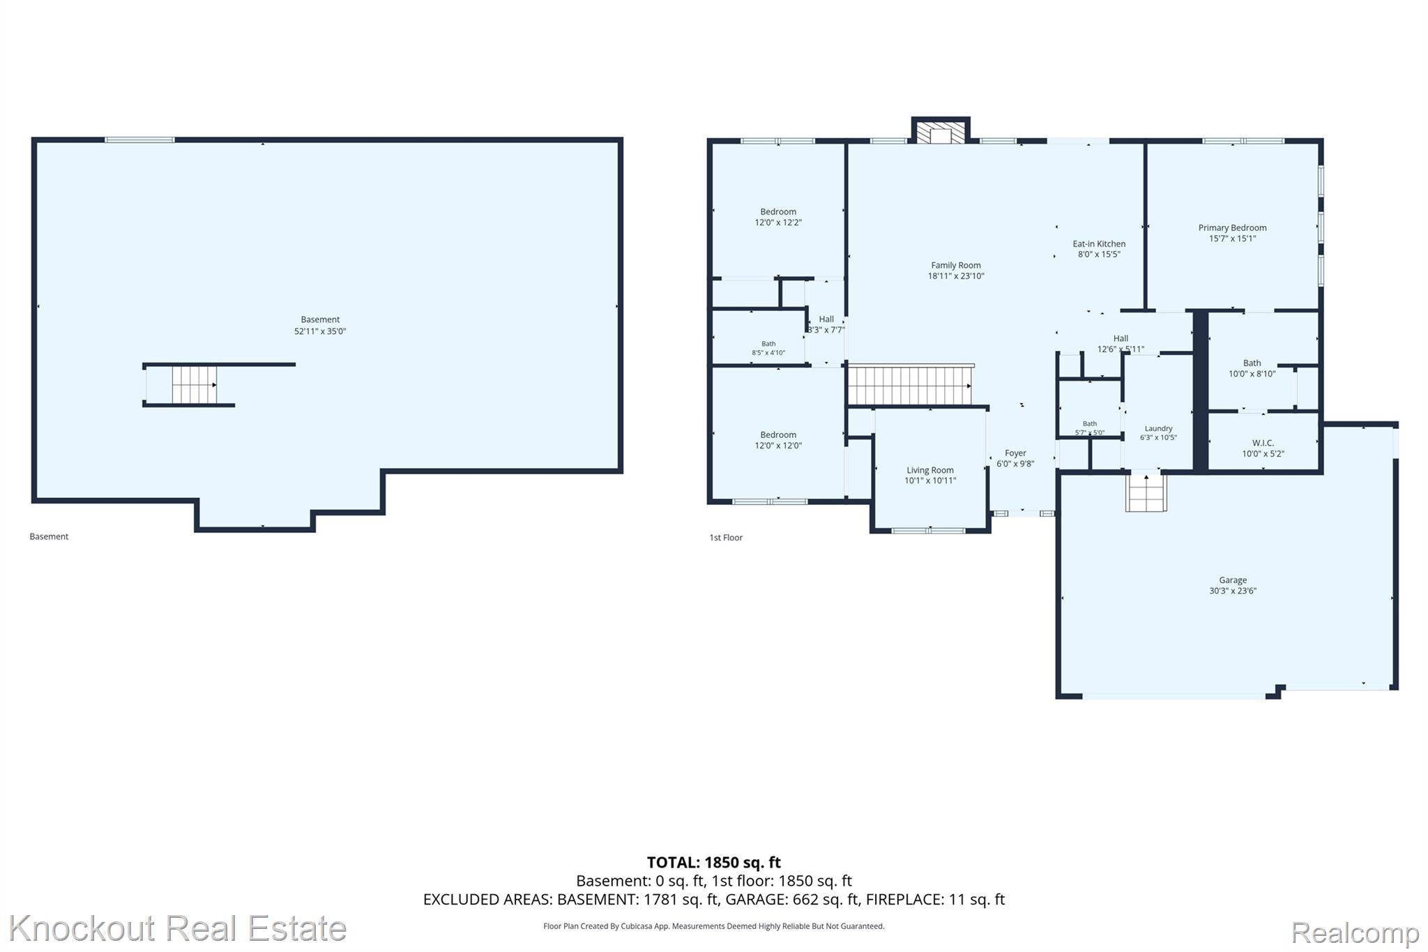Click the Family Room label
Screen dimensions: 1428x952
(955, 265)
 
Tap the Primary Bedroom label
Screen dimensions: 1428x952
(1232, 227)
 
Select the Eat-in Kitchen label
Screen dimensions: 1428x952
(1099, 243)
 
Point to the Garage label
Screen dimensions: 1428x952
(1233, 580)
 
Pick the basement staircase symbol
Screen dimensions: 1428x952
(195, 385)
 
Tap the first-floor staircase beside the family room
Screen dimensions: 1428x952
(910, 386)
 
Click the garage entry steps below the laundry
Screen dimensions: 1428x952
(1146, 492)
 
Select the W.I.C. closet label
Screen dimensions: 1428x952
(1263, 443)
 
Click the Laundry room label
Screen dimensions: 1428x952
(1158, 428)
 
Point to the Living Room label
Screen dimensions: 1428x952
(930, 470)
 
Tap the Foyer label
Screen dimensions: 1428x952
(1015, 453)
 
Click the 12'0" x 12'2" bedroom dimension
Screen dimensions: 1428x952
(778, 222)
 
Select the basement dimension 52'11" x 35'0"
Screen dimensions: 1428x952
(320, 331)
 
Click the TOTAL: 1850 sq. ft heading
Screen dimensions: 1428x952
(714, 863)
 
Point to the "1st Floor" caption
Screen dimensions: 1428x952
(726, 538)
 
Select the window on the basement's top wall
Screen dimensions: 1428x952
(139, 139)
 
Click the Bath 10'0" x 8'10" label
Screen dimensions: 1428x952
(1252, 368)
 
